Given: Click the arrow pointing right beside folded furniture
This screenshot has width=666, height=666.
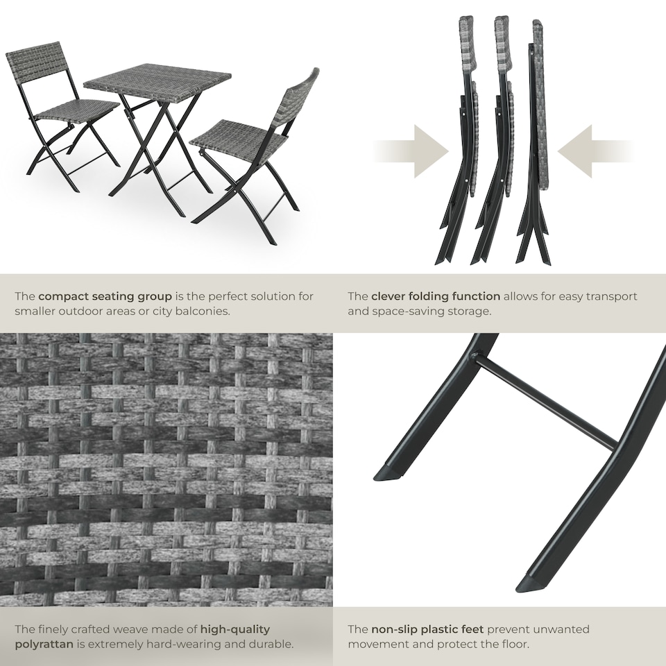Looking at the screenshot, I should [413, 151].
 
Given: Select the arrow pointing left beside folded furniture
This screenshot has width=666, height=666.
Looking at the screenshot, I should [593, 151].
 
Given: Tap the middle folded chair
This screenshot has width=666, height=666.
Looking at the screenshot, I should [498, 139].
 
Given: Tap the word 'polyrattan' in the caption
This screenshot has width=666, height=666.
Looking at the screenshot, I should [45, 644].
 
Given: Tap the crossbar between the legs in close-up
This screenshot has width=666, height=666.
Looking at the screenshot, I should [545, 402].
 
